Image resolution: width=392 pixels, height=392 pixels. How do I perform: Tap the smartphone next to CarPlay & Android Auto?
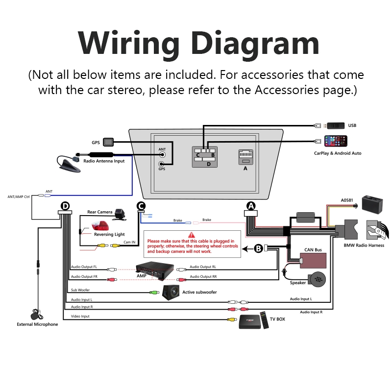click(335, 141)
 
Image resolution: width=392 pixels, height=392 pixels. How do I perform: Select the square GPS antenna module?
click(109, 143)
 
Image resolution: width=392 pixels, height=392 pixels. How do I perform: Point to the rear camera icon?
click(119, 214)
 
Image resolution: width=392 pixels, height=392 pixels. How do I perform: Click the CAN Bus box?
click(313, 259)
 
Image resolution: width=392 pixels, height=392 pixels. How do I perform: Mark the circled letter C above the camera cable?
click(141, 206)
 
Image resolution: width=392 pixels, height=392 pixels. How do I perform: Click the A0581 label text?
click(347, 200)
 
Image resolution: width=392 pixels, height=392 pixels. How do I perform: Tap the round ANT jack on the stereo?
click(162, 155)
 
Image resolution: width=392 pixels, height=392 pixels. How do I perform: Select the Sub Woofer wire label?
click(80, 290)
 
